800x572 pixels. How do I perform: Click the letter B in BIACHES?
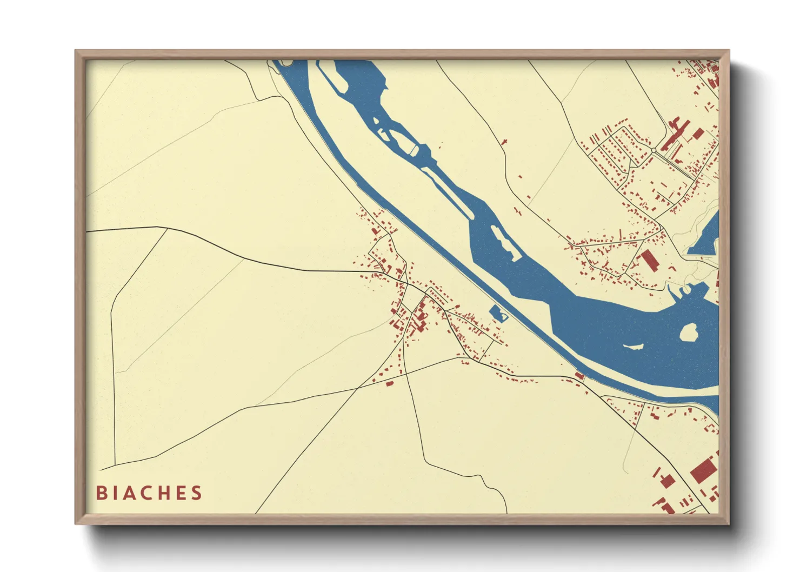[x=101, y=493]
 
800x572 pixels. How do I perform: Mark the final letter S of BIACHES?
[x=198, y=493]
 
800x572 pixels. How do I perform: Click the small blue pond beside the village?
[x=497, y=313]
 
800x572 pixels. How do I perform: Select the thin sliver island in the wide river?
[x=632, y=347]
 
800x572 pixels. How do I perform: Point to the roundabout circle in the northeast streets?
[x=654, y=150]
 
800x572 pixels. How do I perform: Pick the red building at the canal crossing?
[x=580, y=376]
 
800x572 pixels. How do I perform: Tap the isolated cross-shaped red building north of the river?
[x=505, y=142]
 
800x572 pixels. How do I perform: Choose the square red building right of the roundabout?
[x=698, y=133]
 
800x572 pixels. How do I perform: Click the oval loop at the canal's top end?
[x=286, y=63]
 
